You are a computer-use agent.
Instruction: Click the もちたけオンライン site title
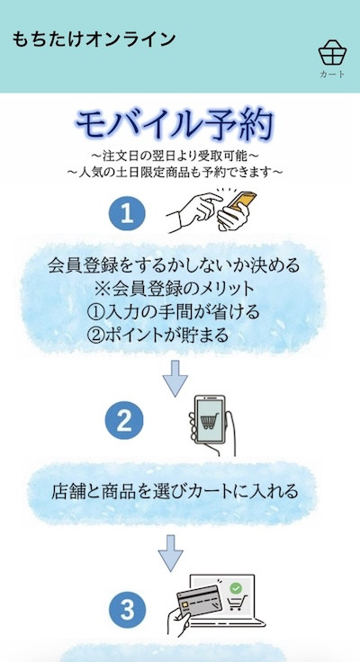[94, 40]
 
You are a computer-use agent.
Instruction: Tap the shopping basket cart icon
[332, 53]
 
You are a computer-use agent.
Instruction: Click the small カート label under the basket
[332, 75]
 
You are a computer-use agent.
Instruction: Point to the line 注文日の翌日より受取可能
[175, 156]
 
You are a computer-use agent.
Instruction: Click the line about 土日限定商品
[175, 173]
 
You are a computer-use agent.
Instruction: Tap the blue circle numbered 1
[127, 214]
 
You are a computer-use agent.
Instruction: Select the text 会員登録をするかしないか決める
[174, 265]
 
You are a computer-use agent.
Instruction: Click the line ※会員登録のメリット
[174, 290]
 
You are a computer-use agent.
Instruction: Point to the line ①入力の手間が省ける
[173, 312]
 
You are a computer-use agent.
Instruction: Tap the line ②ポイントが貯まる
[157, 335]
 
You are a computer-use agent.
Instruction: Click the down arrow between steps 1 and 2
[175, 379]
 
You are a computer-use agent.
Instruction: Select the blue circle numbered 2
[124, 420]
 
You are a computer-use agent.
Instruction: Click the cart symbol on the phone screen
[208, 421]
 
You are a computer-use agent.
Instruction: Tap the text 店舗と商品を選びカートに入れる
[175, 491]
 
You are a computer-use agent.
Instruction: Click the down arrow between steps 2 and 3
[171, 553]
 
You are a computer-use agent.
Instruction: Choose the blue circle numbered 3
[127, 611]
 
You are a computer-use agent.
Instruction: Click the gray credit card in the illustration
[199, 601]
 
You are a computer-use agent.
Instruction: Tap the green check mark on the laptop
[235, 588]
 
